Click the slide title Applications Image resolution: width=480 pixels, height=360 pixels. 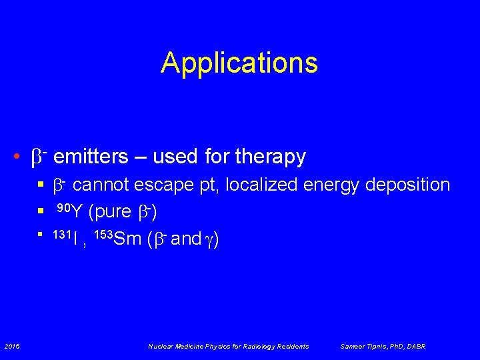coord(239,63)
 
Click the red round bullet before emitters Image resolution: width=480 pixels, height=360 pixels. coord(16,157)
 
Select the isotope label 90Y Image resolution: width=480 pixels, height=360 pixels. coord(69,211)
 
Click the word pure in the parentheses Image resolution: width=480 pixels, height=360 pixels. coord(113,212)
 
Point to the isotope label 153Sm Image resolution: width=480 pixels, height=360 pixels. coord(116,238)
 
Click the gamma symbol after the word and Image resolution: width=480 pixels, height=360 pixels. coord(208,239)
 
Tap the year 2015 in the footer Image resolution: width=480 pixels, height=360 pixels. coord(12,346)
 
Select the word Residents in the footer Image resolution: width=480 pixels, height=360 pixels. coord(293,346)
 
